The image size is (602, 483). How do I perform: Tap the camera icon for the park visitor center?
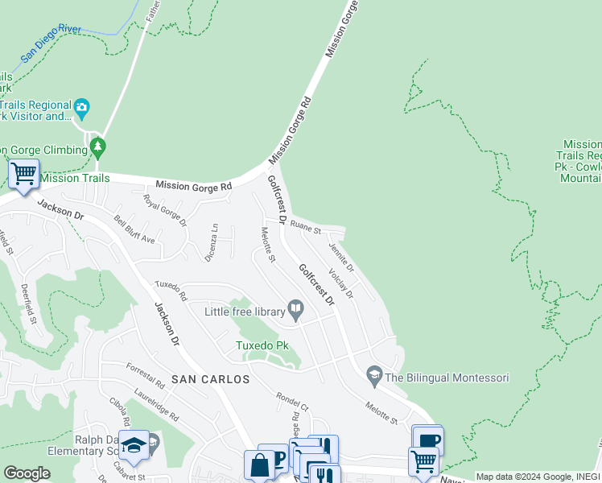(81, 107)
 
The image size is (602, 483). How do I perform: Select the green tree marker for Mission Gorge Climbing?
(98, 147)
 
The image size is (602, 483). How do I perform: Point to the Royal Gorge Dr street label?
(164, 210)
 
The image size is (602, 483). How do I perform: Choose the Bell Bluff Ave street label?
(134, 230)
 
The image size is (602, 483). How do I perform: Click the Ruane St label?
(306, 229)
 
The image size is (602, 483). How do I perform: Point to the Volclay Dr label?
(341, 283)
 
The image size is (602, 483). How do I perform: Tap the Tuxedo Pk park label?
(262, 345)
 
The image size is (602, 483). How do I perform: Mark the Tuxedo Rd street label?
(171, 291)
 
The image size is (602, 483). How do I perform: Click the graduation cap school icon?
(134, 444)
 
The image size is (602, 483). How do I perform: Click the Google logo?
(27, 473)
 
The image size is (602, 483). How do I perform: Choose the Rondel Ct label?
(292, 401)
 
